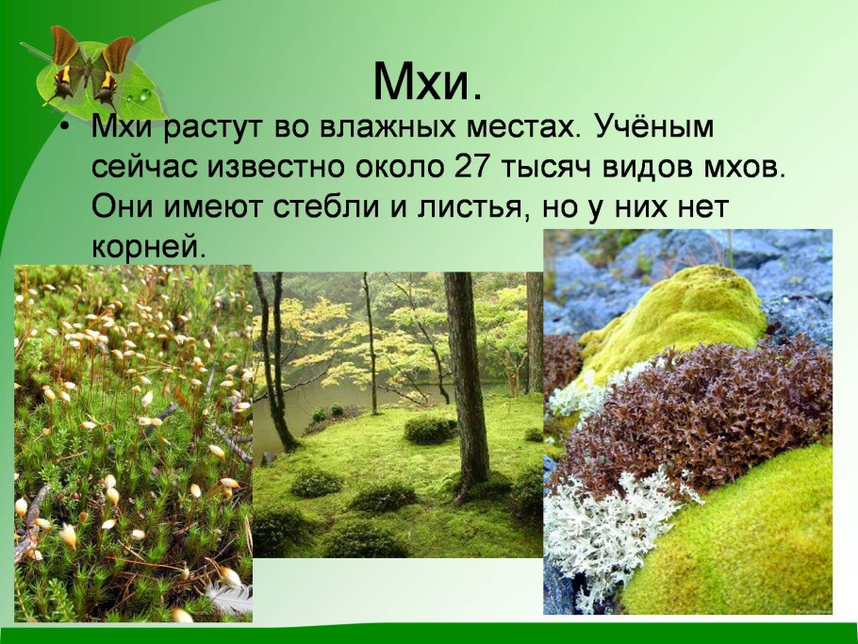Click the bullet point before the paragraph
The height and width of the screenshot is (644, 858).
click(63, 129)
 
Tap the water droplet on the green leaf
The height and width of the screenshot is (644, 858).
click(142, 95)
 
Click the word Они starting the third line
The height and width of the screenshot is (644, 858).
click(119, 206)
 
